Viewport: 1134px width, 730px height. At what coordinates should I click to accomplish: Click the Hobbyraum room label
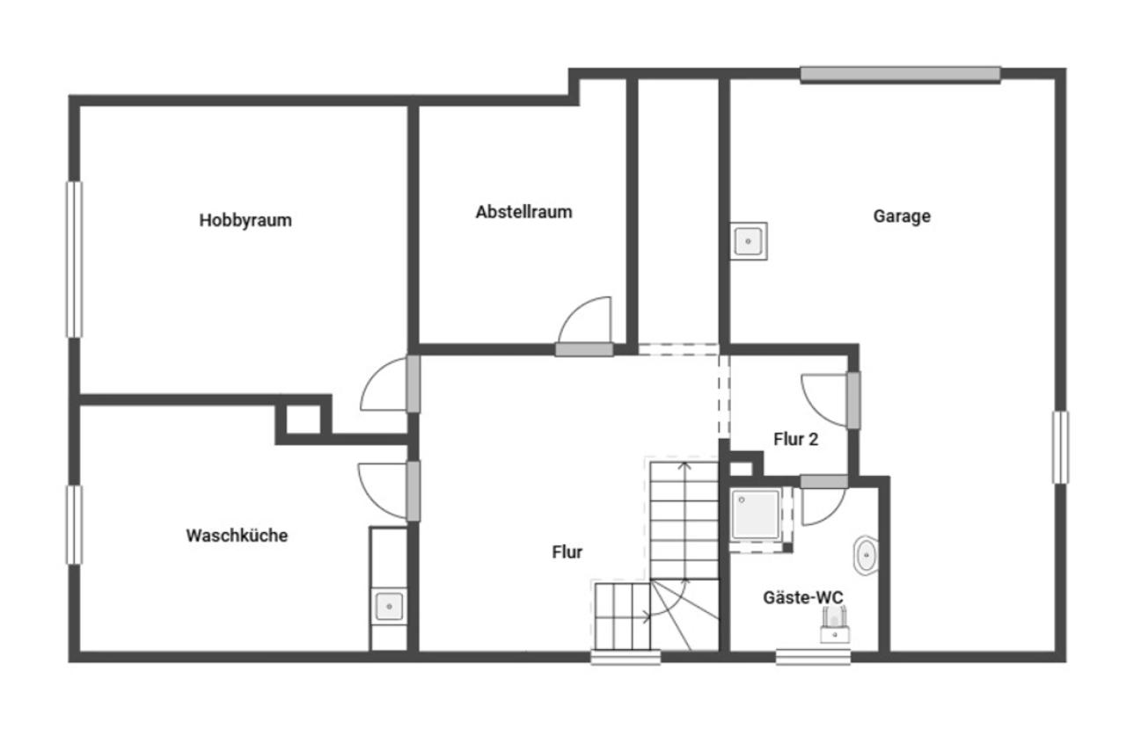245,221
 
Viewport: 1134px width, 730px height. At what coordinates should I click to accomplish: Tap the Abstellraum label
524,212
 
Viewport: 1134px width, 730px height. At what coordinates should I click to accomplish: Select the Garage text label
902,216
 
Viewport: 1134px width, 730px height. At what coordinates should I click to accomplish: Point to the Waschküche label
237,535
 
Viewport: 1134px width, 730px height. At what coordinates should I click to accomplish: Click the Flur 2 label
796,439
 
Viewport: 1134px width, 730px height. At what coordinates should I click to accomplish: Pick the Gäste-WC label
803,597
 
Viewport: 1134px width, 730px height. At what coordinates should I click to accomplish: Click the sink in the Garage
749,241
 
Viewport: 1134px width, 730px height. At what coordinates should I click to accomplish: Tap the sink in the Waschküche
389,606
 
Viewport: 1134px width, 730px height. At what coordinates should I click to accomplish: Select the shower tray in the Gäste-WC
755,515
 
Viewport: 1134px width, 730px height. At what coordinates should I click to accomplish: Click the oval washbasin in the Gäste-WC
867,555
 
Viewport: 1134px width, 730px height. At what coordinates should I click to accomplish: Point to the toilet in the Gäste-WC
834,625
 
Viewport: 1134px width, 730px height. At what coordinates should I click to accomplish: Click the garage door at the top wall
900,74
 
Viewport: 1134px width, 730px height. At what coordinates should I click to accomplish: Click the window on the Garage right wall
1060,447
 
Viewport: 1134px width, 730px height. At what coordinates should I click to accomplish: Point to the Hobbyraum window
75,259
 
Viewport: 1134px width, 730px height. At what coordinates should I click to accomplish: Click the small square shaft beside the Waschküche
304,420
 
